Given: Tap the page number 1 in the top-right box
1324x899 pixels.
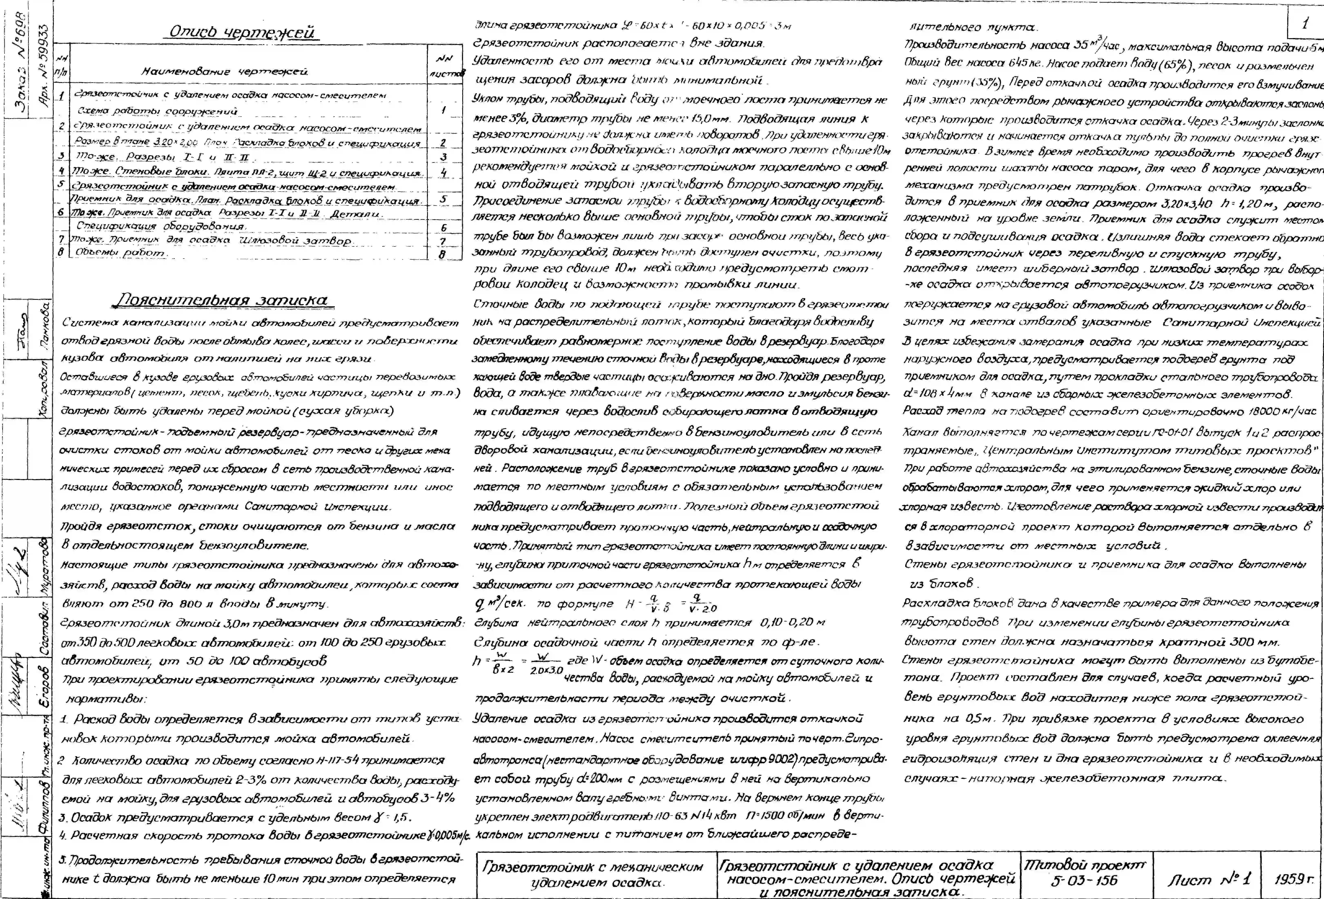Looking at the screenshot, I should [x=1305, y=24].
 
